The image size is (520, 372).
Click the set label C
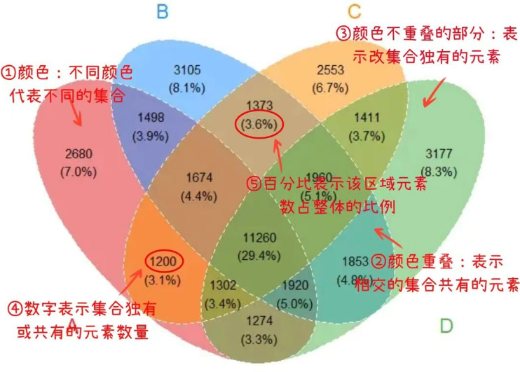point(354,11)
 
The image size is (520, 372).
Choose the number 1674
point(204,181)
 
